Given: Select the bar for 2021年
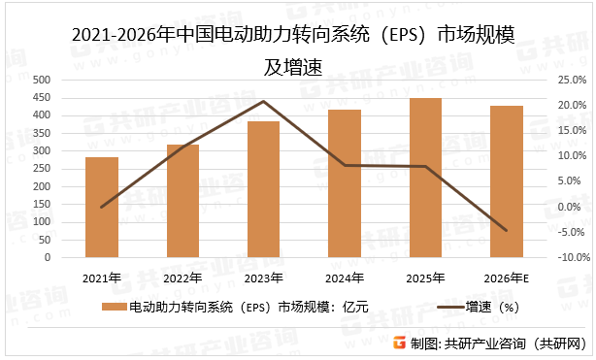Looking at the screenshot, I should [x=102, y=208].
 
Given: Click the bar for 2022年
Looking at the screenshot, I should [x=182, y=201].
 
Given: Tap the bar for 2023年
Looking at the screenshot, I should [x=263, y=189].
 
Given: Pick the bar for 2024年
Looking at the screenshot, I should [x=344, y=183].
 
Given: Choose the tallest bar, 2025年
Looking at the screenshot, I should [x=425, y=178].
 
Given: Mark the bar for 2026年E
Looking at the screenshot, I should [x=506, y=181].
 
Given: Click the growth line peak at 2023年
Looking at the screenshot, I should [x=263, y=101].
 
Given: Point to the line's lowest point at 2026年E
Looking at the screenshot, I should [x=506, y=231].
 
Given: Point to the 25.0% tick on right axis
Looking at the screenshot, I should [x=568, y=80].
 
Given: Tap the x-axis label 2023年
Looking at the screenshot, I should [x=263, y=278].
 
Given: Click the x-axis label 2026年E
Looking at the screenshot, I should [x=506, y=278].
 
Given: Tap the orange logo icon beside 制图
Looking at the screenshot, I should [x=396, y=344].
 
